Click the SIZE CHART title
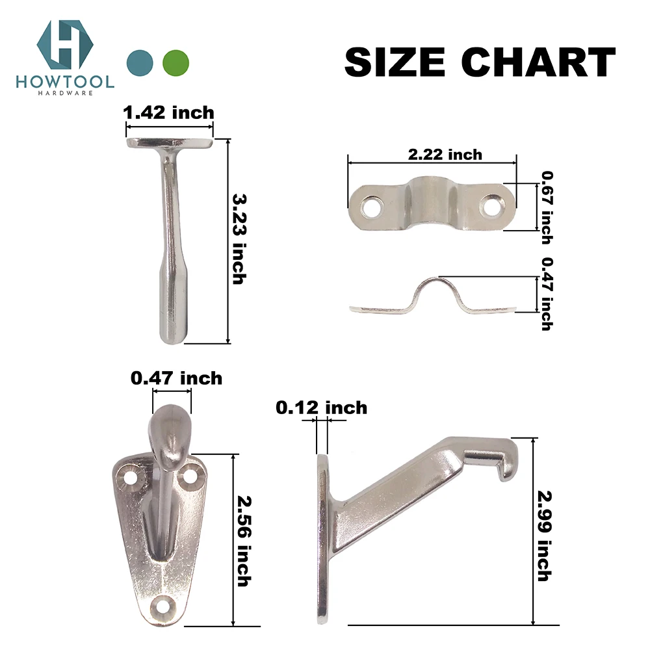(x=480, y=63)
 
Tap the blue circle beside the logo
(x=140, y=63)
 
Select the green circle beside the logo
(x=176, y=63)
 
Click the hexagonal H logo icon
(x=65, y=45)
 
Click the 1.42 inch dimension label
(x=169, y=112)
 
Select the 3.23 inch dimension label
(x=239, y=237)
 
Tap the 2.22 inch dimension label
(x=445, y=154)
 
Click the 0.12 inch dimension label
(x=321, y=408)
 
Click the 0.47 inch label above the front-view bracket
(x=176, y=378)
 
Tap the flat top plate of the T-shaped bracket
(x=169, y=142)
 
